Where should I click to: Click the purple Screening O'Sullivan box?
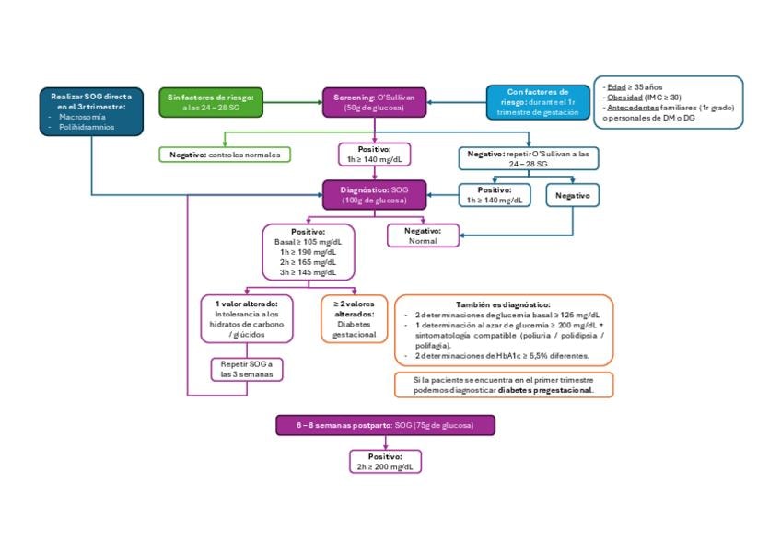375,102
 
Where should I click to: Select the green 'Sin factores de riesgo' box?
211,102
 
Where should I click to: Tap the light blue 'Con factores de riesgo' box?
538,102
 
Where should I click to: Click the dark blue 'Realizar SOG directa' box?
92,111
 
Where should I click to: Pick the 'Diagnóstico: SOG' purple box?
375,195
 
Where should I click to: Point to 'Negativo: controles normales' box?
225,155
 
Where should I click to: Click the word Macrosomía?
82,117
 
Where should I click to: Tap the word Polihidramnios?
87,127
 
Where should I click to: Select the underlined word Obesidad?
624,98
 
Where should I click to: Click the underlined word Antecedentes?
633,108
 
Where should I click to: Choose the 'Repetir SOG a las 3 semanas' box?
247,370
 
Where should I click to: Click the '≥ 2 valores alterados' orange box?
355,319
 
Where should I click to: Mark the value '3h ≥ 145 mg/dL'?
308,272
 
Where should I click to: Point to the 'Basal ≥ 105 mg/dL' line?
308,242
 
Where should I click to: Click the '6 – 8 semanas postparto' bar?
386,425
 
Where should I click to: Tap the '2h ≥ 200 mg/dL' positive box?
386,462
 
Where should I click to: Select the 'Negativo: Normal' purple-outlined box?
423,235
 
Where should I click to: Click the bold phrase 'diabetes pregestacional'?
545,390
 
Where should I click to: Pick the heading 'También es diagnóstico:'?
503,304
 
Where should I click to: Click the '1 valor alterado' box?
247,319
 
